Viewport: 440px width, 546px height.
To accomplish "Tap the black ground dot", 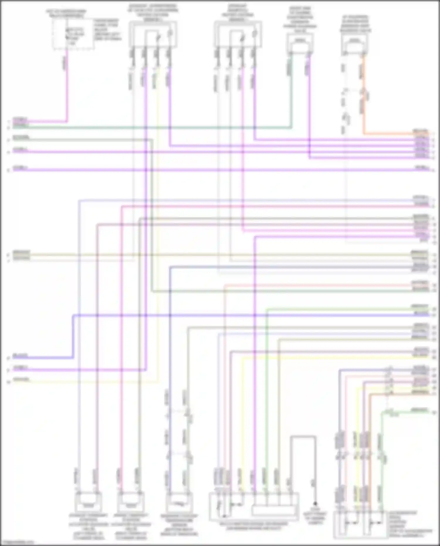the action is (315, 503).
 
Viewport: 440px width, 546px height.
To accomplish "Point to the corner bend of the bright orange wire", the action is (364, 133).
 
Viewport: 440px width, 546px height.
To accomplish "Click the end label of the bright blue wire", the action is (20, 356).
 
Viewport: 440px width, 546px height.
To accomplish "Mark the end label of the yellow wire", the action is (21, 379).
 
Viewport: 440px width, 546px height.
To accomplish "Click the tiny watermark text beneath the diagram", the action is (17, 542).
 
